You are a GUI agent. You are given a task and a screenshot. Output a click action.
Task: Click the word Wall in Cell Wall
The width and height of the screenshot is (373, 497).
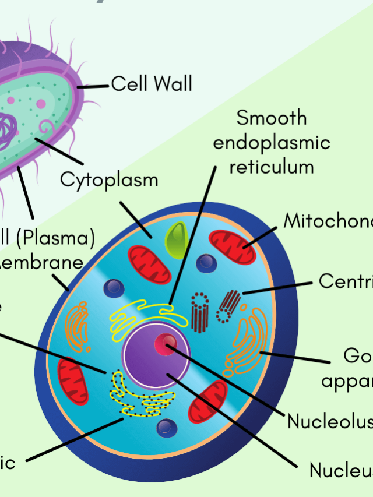tap(172, 84)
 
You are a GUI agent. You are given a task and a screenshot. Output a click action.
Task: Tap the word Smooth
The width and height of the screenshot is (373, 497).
tap(272, 118)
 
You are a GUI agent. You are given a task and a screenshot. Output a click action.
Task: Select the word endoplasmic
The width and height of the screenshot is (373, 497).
tap(272, 143)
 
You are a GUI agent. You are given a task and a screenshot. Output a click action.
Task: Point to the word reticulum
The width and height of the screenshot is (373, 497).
tap(272, 167)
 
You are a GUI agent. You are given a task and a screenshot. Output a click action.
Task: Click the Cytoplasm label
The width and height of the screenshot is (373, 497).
tap(109, 179)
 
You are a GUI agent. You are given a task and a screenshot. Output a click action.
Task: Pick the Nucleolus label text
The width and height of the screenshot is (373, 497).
tap(326, 421)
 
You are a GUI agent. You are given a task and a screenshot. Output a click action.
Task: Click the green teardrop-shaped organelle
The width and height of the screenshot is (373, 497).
tap(175, 241)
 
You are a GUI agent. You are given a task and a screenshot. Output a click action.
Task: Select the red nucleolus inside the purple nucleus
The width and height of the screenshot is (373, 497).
tap(166, 344)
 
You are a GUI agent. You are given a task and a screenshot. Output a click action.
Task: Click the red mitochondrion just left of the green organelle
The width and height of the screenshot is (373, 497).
tap(150, 265)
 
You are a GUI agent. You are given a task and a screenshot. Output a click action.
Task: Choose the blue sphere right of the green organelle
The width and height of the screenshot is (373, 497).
tap(206, 263)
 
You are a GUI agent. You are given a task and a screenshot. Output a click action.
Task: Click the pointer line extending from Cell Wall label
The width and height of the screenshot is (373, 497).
tap(93, 86)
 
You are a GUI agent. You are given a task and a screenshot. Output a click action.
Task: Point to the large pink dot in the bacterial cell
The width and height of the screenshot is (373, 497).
tap(41, 104)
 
